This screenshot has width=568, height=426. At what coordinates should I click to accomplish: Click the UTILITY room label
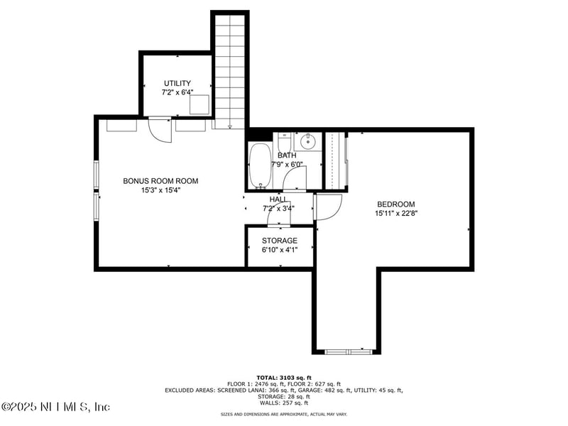tap(177, 83)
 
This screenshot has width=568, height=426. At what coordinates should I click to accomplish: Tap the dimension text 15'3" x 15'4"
tap(160, 190)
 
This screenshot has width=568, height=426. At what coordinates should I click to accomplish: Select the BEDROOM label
tap(395, 204)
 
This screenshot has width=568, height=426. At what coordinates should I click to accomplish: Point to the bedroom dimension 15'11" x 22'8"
tap(395, 213)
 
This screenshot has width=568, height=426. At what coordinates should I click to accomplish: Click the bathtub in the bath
tap(261, 165)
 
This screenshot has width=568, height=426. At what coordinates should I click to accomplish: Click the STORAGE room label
tap(280, 241)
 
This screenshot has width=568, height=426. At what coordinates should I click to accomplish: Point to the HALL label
tap(278, 200)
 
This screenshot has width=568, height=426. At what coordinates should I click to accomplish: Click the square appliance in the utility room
tap(199, 104)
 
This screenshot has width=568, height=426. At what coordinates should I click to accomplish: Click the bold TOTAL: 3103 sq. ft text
tap(284, 378)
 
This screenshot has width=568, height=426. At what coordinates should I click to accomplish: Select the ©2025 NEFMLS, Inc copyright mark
tap(56, 407)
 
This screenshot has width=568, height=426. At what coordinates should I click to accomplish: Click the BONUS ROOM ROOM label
tap(160, 181)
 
